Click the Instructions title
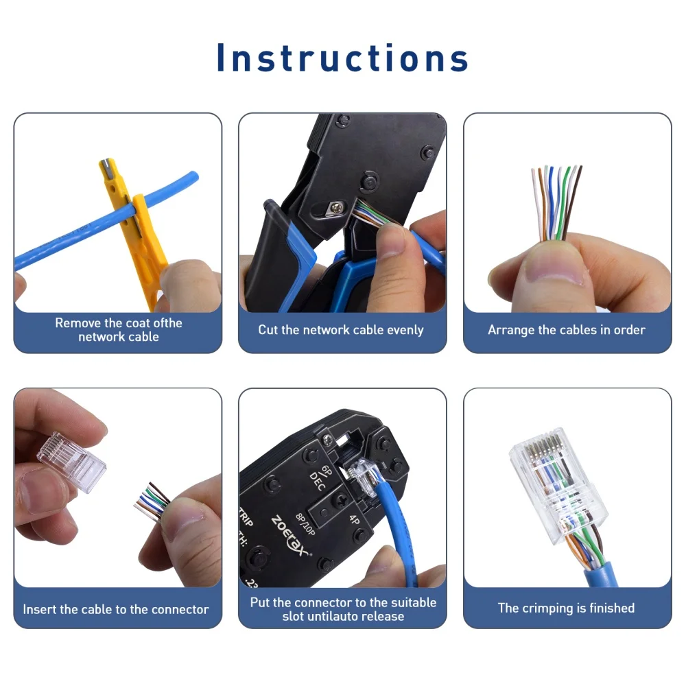342,58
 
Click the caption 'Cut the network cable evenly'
341,330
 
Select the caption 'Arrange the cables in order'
567,330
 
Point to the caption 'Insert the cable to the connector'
116,609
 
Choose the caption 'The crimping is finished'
566,608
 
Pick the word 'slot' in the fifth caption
296,616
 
